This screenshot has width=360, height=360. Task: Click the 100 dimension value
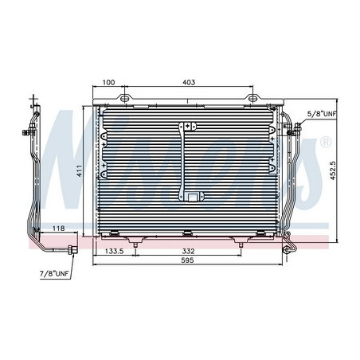coord(108,82)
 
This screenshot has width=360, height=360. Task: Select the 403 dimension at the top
coord(189,82)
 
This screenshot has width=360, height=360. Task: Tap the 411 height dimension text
coord(80,170)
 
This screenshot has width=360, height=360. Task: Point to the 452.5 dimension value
coord(333,170)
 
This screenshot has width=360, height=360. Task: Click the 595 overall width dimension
coord(187,260)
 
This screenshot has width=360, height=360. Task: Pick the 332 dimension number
coord(188,251)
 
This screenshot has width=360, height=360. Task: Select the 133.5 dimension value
coord(114,251)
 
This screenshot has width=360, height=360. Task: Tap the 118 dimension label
coord(58,228)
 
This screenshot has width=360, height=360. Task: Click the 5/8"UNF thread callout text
coord(322,114)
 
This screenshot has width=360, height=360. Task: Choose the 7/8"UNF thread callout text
coord(54,273)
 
